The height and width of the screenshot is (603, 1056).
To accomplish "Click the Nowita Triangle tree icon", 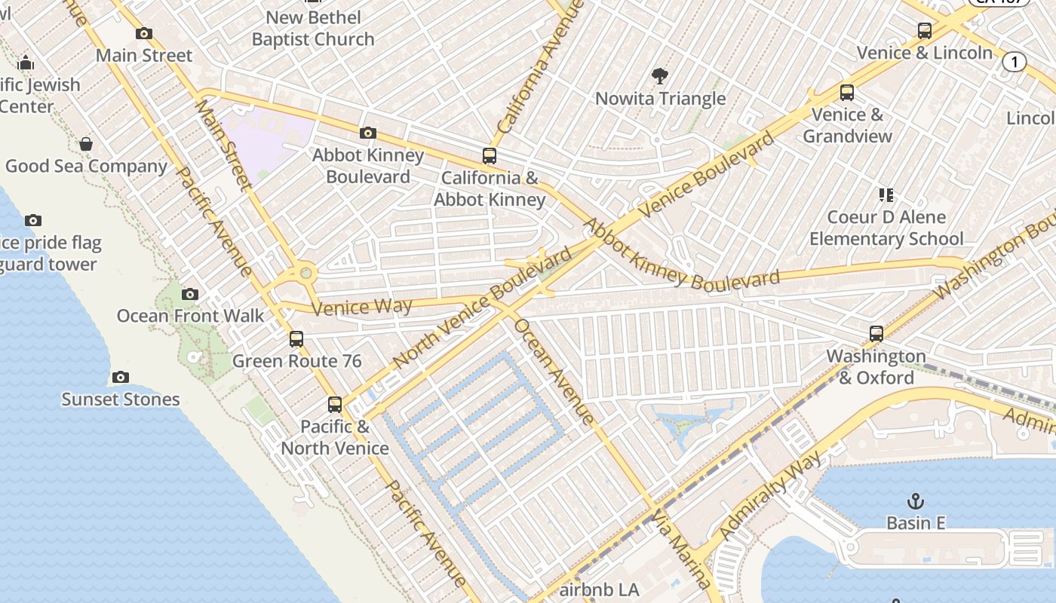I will click(x=660, y=75).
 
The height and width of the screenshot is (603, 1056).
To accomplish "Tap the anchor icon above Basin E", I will click(x=915, y=500).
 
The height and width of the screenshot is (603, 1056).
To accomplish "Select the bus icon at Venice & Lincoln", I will click(x=925, y=31).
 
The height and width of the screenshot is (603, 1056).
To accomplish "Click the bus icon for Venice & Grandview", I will click(x=847, y=93).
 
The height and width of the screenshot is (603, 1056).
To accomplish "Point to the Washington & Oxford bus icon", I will click(x=876, y=334).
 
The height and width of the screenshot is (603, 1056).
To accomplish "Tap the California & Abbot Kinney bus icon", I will click(x=490, y=156).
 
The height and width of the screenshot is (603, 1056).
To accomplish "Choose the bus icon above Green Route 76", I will click(x=296, y=339).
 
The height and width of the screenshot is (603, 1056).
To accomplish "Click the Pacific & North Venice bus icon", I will click(x=335, y=405).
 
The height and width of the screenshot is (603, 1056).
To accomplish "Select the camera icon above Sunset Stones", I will click(x=121, y=377).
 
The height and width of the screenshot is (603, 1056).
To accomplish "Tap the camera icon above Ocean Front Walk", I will click(x=190, y=294).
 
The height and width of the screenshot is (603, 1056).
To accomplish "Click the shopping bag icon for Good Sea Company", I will click(x=86, y=144).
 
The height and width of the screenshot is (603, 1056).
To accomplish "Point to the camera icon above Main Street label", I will click(x=144, y=33).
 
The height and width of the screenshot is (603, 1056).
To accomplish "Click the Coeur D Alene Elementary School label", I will click(x=886, y=228).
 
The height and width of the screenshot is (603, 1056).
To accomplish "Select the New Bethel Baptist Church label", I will click(x=313, y=28).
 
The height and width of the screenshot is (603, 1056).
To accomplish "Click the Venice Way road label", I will click(x=362, y=307).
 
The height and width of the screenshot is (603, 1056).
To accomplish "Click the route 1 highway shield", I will click(x=1015, y=62).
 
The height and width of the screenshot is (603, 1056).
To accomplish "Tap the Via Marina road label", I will click(x=682, y=549).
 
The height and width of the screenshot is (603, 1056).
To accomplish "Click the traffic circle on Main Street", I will click(x=306, y=273).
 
